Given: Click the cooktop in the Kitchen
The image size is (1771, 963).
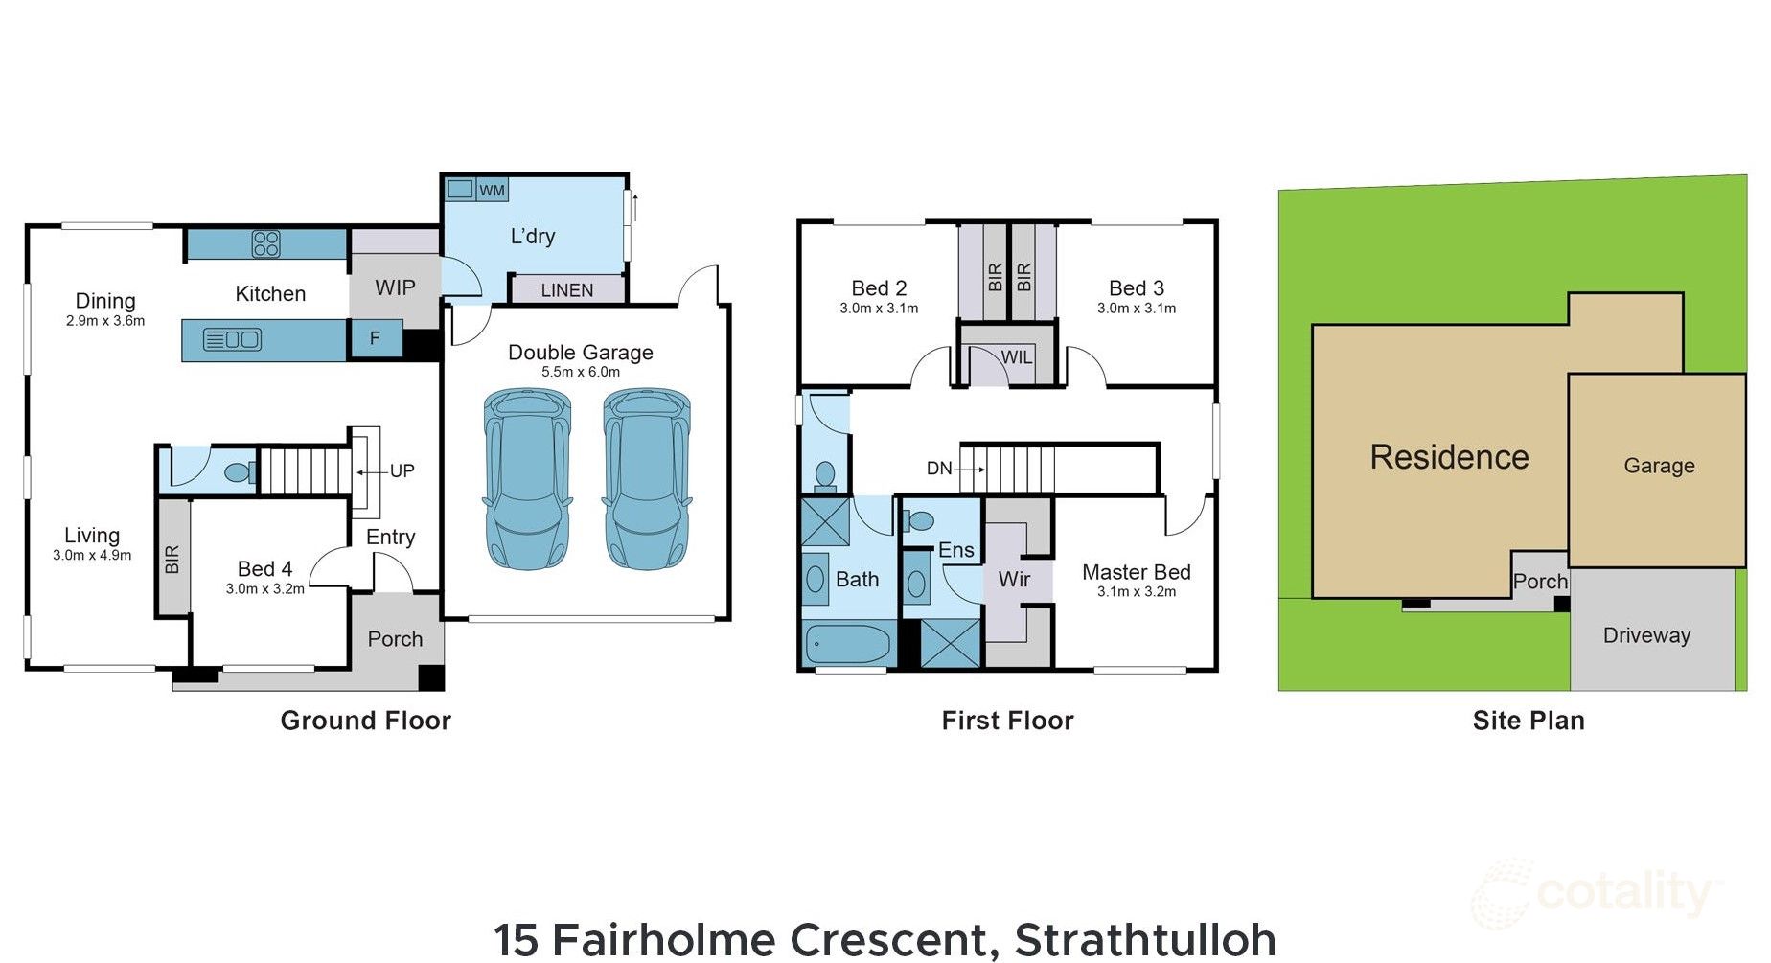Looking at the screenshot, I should coord(265,243).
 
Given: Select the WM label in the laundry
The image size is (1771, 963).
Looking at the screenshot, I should coord(492,190).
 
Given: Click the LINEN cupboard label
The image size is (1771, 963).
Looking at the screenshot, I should coord(566,289).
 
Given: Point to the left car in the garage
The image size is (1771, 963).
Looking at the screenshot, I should coord(527,479).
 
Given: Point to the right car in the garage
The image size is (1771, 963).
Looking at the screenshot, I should coord(647,479).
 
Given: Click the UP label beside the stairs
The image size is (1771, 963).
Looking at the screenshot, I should coord(402,470).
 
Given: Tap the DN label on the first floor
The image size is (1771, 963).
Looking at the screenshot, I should coord(938,468).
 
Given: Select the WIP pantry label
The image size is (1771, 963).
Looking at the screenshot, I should coord(395,287).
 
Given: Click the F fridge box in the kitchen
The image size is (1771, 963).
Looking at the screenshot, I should coord(375,338).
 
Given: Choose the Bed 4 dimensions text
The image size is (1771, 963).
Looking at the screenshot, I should coord(264,589).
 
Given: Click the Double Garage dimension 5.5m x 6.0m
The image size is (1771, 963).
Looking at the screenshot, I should coord(580,372).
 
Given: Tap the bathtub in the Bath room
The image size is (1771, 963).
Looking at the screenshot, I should coord(847,644).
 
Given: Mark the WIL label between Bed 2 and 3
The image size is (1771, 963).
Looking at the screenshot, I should coord(1016,357).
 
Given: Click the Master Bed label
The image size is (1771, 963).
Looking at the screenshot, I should coord(1136,572).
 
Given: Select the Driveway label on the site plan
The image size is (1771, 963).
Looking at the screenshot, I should coord(1645,635).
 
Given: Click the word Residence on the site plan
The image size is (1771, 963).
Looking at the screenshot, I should coord(1448,457).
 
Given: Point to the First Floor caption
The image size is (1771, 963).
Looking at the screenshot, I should coord(1007,721).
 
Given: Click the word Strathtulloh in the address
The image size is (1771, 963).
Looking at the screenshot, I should coord(1144,939).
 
